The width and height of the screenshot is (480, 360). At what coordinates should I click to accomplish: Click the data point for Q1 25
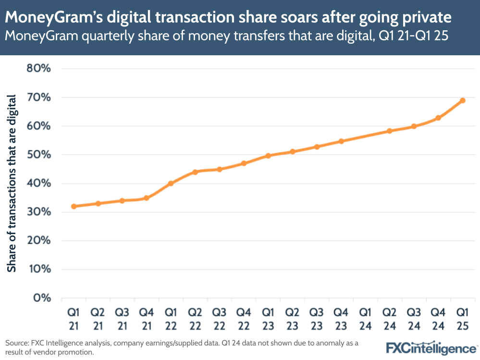[x=463, y=100]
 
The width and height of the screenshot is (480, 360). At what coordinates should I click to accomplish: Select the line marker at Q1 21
[x=74, y=206]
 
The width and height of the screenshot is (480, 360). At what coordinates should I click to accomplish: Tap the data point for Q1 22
[x=171, y=183]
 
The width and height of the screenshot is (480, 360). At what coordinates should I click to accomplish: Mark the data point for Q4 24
[x=438, y=118]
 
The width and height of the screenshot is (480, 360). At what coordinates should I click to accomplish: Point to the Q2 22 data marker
[x=195, y=172]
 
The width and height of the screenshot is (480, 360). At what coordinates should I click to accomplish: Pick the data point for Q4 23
[x=341, y=141]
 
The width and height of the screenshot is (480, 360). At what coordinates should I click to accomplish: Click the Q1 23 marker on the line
[x=268, y=156]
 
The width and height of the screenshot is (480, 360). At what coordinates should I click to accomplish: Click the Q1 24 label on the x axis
[x=365, y=319]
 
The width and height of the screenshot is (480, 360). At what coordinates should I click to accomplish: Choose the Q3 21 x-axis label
[x=122, y=319]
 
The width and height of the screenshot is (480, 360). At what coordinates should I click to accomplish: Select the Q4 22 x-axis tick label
[x=244, y=319]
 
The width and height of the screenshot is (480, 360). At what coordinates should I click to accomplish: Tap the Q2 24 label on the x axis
[x=390, y=319]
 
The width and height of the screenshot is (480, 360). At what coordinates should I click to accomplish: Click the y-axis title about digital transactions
[x=12, y=183]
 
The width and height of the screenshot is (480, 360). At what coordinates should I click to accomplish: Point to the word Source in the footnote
[x=17, y=343]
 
